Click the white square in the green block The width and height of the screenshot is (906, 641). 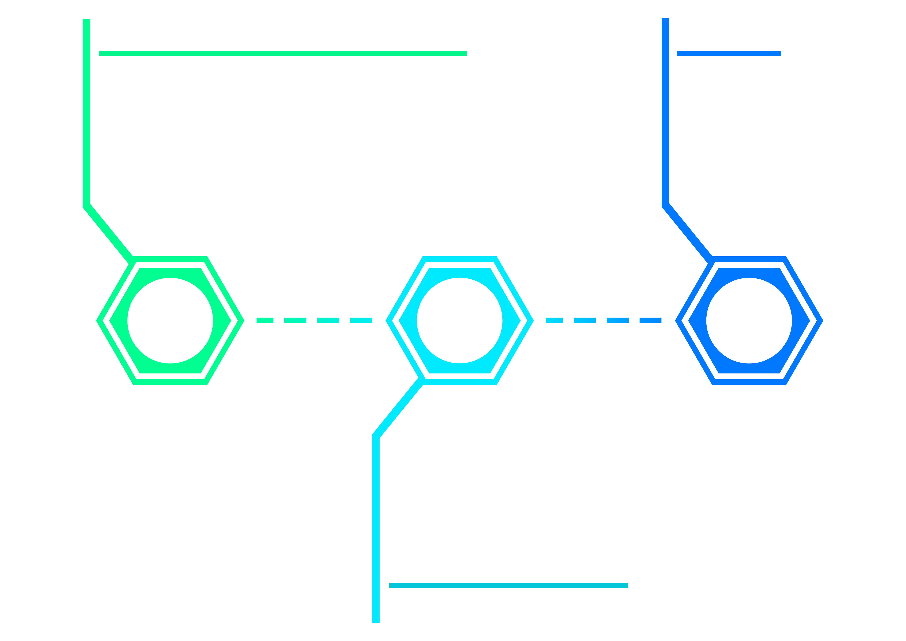pos(175,318)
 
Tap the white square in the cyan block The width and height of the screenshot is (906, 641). pos(461,320)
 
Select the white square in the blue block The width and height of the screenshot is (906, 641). pos(749,321)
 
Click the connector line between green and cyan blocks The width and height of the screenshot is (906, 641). pos(314,320)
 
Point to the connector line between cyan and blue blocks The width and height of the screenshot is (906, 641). pos(603,320)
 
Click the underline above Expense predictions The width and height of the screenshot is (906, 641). pos(508,585)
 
